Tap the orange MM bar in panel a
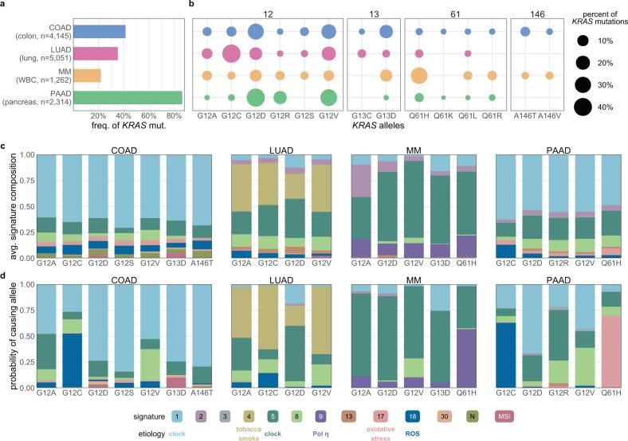click(x=88, y=76)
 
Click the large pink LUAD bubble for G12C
click(x=231, y=54)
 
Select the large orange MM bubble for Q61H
click(x=418, y=76)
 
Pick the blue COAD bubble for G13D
click(x=386, y=32)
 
